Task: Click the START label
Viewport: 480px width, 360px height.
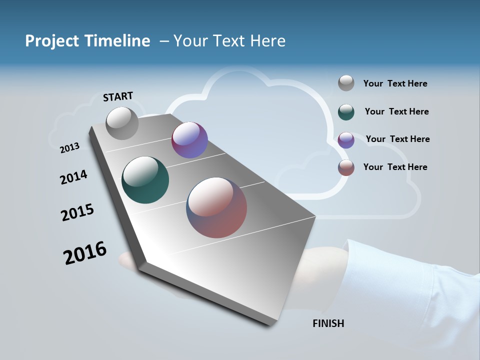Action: tap(118, 96)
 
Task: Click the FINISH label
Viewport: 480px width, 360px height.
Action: tap(328, 323)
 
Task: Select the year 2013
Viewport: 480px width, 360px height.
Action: tap(69, 147)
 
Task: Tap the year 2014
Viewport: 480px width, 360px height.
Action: tap(73, 177)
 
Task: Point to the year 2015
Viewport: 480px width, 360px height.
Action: tap(77, 212)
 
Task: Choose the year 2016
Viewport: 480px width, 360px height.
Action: tap(85, 253)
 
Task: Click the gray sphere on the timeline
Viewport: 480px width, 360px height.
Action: tap(122, 123)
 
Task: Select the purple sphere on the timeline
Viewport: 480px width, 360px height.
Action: tap(189, 140)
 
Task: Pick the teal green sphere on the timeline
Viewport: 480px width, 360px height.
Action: tap(145, 180)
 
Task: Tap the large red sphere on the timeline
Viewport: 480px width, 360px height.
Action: tap(216, 207)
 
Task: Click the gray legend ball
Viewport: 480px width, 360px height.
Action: tap(346, 83)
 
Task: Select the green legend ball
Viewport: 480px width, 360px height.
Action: tap(346, 112)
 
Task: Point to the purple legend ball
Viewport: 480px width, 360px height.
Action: tap(346, 140)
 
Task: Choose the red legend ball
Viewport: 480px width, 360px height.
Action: tap(346, 167)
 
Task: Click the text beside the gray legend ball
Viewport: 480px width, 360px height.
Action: tap(395, 83)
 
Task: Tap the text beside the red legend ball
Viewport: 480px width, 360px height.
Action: tap(395, 167)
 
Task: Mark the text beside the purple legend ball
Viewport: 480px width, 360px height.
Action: tap(397, 139)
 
